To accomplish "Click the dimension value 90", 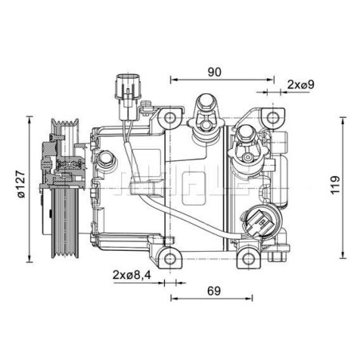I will (x=213, y=72).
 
